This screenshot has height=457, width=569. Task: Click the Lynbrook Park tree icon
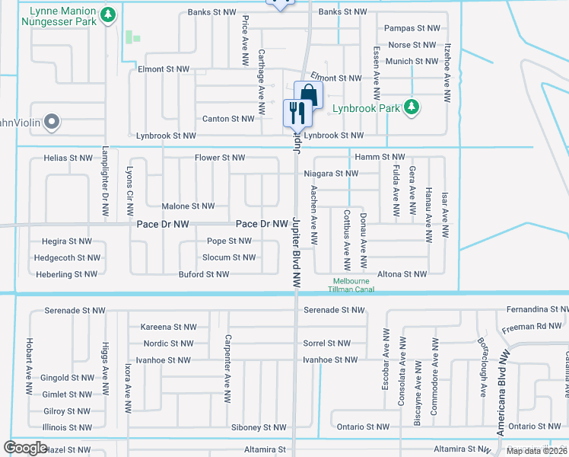pyautogui.click(x=412, y=107)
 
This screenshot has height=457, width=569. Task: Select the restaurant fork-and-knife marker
pyautogui.click(x=295, y=113)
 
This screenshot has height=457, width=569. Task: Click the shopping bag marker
pyautogui.click(x=307, y=95)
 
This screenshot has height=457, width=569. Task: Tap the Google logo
pyautogui.click(x=25, y=448)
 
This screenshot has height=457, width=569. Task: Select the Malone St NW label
pyautogui.click(x=188, y=206)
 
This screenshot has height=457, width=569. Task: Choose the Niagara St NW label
pyautogui.click(x=330, y=174)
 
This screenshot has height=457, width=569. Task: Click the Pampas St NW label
pyautogui.click(x=412, y=28)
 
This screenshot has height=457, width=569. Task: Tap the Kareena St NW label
pyautogui.click(x=169, y=327)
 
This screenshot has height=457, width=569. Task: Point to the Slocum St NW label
pyautogui.click(x=228, y=257)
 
